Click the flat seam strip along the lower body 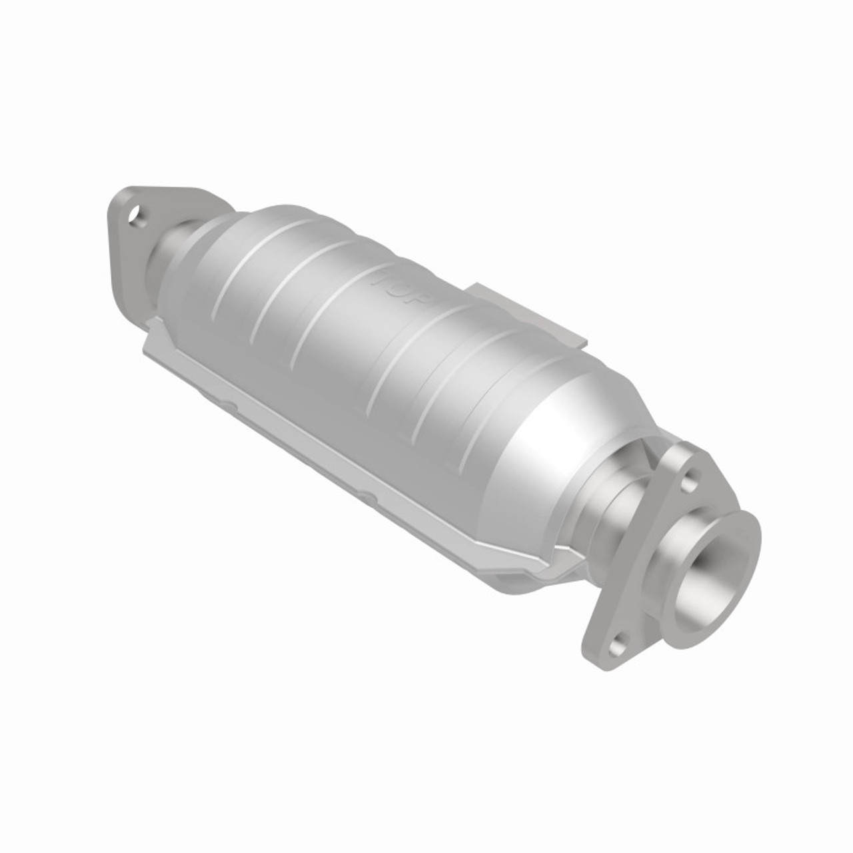(333, 440)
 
